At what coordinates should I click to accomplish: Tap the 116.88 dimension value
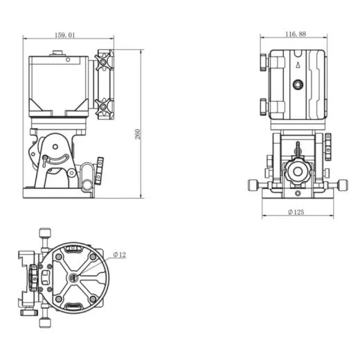coord(296,34)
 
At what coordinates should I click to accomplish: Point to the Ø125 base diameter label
coord(296,213)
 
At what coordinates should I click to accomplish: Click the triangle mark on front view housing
coord(297,64)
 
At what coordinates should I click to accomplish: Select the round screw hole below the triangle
coord(297,84)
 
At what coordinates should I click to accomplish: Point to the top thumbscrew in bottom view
coord(46,233)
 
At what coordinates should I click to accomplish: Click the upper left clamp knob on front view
coord(264,63)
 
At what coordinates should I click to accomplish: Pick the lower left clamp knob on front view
coord(264,106)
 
